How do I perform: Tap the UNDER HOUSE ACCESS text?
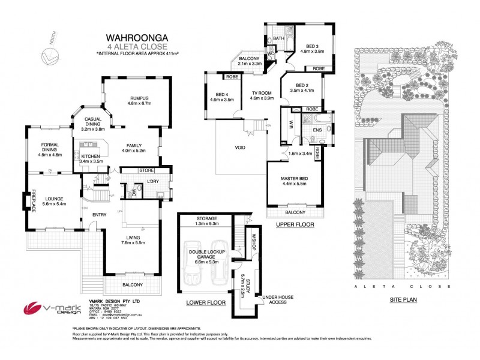click(x=277, y=298)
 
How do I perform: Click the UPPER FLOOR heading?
click(x=295, y=225)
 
